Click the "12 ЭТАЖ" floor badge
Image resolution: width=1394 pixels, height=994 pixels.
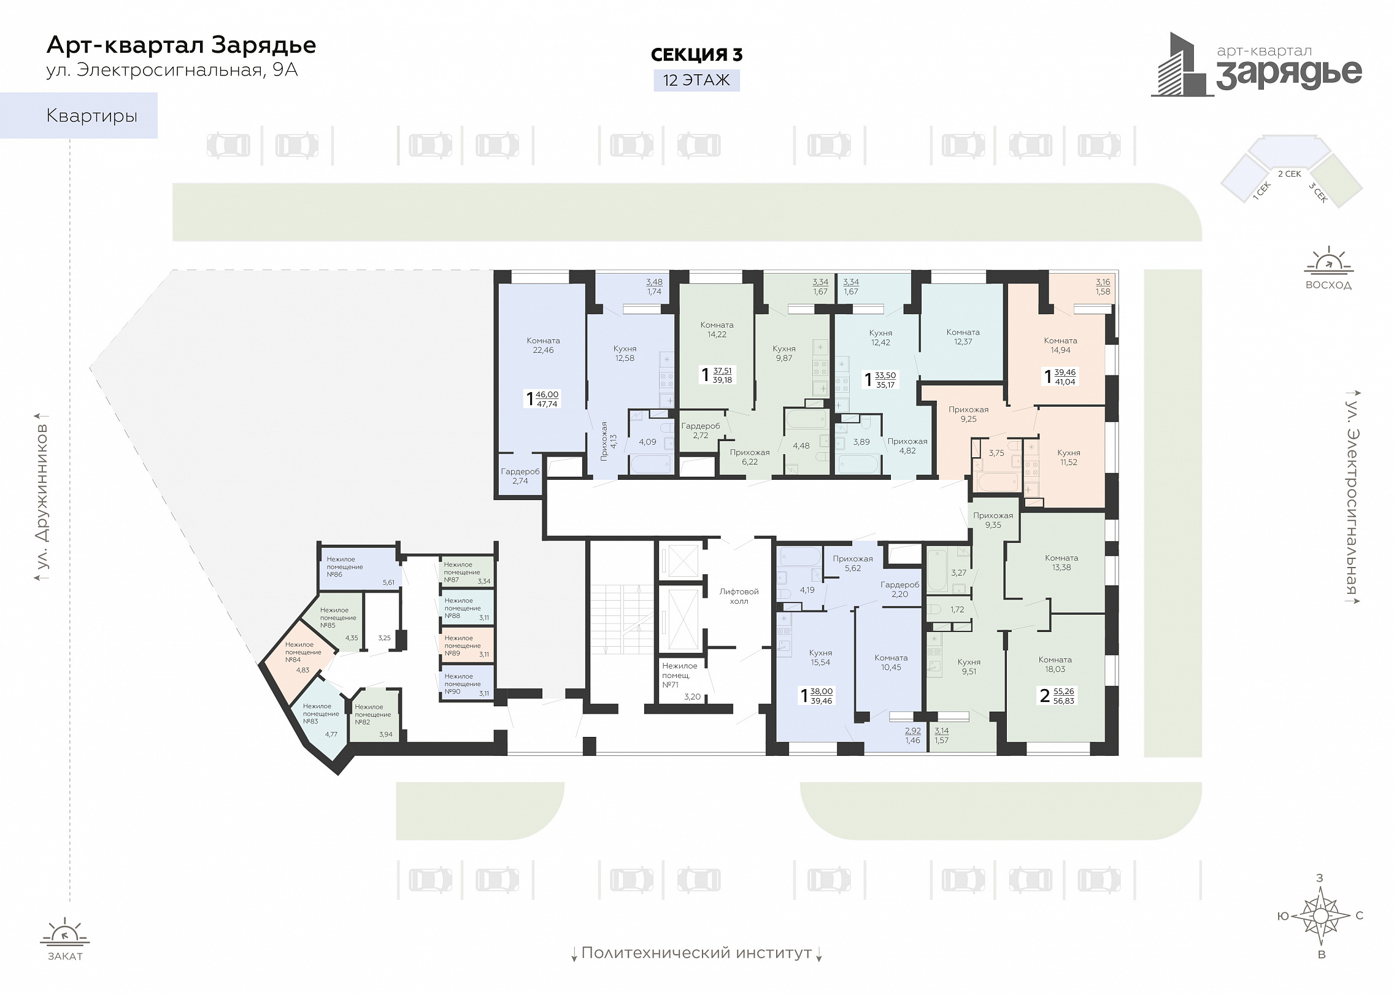[696, 80]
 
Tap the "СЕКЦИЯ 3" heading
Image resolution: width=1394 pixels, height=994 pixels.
[696, 55]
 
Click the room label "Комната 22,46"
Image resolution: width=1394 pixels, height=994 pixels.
[543, 345]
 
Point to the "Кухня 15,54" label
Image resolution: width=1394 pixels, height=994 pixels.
[820, 658]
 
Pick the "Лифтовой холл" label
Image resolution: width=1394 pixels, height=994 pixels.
[739, 596]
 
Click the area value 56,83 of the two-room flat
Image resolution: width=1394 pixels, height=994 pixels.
[1064, 701]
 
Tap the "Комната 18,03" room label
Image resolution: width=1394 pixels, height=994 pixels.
[1055, 665]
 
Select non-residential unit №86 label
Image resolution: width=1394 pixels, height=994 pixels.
[345, 567]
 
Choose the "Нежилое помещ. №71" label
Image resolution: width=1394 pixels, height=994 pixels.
[679, 675]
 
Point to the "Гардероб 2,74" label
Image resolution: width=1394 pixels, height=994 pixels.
[520, 476]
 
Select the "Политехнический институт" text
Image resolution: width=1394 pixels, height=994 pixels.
[696, 953]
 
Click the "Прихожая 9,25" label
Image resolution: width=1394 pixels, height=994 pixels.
[968, 414]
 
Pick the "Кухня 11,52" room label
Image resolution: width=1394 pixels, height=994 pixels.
[1068, 458]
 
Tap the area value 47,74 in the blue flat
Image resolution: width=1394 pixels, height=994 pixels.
[547, 404]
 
